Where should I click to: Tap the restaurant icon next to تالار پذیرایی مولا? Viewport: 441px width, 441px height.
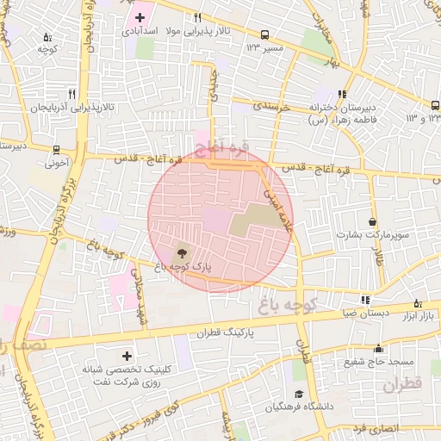click(x=197, y=17)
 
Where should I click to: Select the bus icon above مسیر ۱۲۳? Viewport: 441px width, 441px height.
click(x=264, y=35)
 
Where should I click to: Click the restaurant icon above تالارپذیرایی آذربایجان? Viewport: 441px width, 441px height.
click(x=72, y=94)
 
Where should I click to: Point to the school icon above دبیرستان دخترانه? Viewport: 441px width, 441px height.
click(x=343, y=94)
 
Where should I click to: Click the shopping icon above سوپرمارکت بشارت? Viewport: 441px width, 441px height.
click(x=371, y=221)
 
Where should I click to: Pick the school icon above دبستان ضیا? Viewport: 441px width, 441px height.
click(x=366, y=300)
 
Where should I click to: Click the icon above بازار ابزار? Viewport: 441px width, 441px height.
click(x=419, y=302)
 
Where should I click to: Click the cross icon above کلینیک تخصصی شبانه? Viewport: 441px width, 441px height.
click(x=127, y=355)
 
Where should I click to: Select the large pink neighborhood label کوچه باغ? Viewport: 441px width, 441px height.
click(x=289, y=305)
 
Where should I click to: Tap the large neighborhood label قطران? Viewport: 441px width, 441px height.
click(x=401, y=385)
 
